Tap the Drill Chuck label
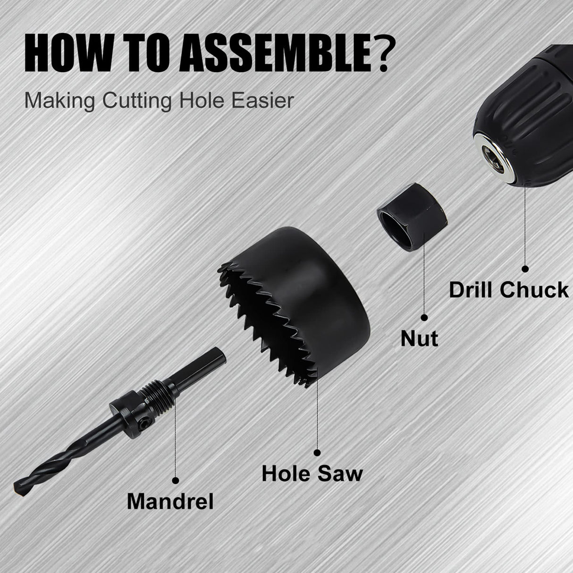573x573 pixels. pyautogui.click(x=508, y=289)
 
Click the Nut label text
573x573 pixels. pyautogui.click(x=419, y=338)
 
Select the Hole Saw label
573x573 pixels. pyautogui.click(x=312, y=473)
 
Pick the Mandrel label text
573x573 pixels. pyautogui.click(x=170, y=502)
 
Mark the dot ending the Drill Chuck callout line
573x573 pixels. pyautogui.click(x=525, y=269)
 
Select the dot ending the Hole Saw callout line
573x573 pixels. pyautogui.click(x=317, y=452)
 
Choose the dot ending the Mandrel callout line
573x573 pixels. pyautogui.click(x=176, y=480)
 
